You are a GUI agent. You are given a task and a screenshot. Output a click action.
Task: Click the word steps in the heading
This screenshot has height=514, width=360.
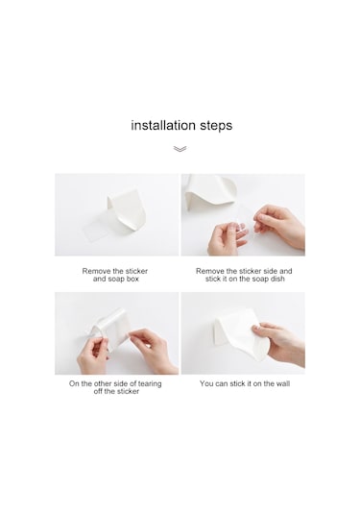[x=216, y=126]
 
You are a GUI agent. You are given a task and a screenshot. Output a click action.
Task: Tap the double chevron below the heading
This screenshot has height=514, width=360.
[x=180, y=149]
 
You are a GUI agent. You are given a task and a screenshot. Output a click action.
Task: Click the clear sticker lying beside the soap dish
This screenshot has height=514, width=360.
[x=96, y=232]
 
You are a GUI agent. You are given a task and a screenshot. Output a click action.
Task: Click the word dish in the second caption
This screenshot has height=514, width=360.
[x=276, y=279]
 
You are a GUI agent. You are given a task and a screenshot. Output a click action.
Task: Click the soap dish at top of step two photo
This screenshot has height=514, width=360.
[x=210, y=192]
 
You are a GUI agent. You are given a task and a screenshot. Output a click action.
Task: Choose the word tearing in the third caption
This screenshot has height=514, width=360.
[x=150, y=384]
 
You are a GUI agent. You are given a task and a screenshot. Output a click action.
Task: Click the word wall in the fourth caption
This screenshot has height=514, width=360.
[x=282, y=383]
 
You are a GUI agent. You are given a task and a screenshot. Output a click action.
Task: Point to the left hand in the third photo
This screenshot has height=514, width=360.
[x=93, y=355]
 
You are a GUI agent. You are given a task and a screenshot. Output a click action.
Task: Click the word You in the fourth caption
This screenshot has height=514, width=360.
[x=206, y=383]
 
